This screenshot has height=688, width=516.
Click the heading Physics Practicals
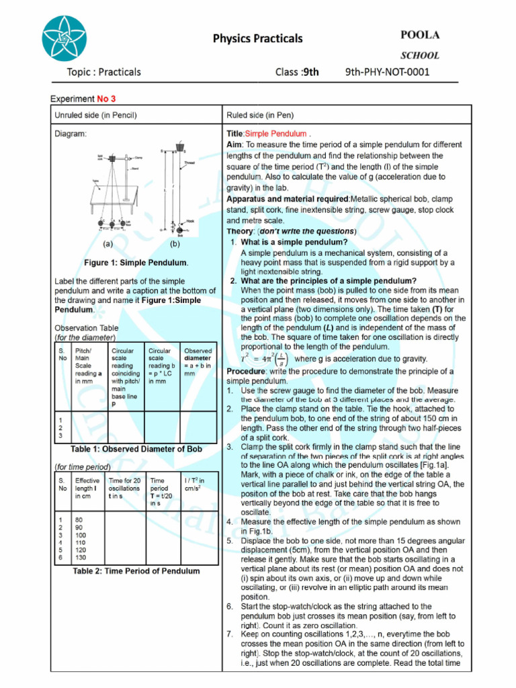tap(257, 38)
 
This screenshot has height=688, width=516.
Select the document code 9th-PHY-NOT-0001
tap(387, 72)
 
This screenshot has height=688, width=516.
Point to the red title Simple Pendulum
tap(275, 134)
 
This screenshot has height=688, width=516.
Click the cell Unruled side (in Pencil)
tap(95, 115)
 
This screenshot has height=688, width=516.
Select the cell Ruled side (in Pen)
tap(260, 115)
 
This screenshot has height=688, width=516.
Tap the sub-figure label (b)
tap(175, 245)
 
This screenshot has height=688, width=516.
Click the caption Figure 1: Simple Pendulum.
tap(136, 262)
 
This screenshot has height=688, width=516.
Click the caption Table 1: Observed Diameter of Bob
tap(138, 449)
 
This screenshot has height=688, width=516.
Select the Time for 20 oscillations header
tap(124, 488)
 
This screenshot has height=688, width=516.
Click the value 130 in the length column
tap(81, 558)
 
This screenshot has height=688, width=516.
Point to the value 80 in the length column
tap(79, 519)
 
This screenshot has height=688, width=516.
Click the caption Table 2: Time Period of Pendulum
tap(136, 571)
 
